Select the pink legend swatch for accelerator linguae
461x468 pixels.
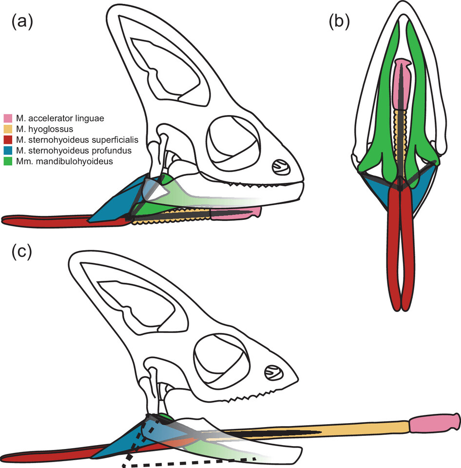8,118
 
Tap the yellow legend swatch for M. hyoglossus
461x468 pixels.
8,129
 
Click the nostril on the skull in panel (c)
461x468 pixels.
272,373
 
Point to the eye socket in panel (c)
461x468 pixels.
222,361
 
